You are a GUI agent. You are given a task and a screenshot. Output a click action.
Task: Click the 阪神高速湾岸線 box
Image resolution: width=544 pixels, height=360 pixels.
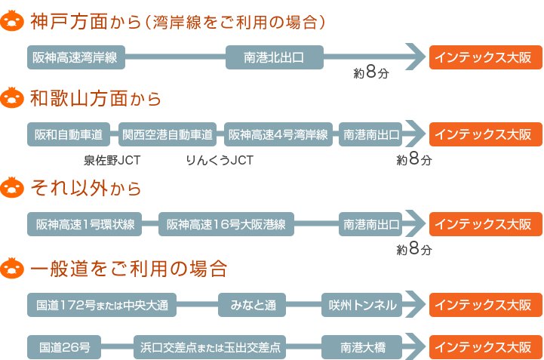click(76, 57)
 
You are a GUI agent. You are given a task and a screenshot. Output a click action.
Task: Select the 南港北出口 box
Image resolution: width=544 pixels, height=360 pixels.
click(275, 57)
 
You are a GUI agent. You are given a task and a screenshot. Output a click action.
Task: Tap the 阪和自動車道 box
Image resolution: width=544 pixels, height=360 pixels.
click(69, 134)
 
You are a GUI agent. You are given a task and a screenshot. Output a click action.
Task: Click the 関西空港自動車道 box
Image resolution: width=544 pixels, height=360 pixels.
click(168, 134)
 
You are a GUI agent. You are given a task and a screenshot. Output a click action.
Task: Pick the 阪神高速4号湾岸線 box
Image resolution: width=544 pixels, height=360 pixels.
click(278, 134)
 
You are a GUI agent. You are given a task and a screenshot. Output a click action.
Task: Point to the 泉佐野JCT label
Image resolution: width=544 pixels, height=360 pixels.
click(112, 161)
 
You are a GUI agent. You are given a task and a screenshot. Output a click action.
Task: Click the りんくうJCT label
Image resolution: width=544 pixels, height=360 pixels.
click(220, 161)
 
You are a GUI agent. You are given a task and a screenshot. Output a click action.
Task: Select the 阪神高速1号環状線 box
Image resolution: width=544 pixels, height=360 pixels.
click(85, 224)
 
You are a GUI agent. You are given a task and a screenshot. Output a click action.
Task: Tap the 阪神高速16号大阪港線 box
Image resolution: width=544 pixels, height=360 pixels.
click(226, 224)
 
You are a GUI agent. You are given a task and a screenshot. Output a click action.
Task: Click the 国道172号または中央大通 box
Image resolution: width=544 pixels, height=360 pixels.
click(102, 305)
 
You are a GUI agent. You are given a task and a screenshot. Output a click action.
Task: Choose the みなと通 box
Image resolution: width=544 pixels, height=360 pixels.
click(252, 305)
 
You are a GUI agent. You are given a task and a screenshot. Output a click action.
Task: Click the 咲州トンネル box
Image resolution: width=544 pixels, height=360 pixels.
click(362, 305)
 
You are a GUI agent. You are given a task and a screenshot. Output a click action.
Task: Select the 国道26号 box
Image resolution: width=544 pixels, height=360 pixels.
click(64, 347)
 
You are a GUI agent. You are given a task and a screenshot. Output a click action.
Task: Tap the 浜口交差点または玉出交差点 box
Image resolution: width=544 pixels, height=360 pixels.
click(210, 347)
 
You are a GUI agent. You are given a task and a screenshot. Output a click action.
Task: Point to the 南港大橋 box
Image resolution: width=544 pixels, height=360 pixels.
click(362, 347)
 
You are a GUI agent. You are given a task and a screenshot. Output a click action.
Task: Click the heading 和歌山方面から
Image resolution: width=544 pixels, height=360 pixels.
click(96, 99)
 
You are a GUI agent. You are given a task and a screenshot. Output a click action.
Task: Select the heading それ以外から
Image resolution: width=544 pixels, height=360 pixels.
click(86, 189)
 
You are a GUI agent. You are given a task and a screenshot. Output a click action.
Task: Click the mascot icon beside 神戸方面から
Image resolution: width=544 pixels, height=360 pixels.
click(12, 21)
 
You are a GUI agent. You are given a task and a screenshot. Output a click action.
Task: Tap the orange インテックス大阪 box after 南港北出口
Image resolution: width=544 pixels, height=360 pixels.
click(486, 57)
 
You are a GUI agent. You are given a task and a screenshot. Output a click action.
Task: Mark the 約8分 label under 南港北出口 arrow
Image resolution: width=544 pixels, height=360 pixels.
click(371, 72)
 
